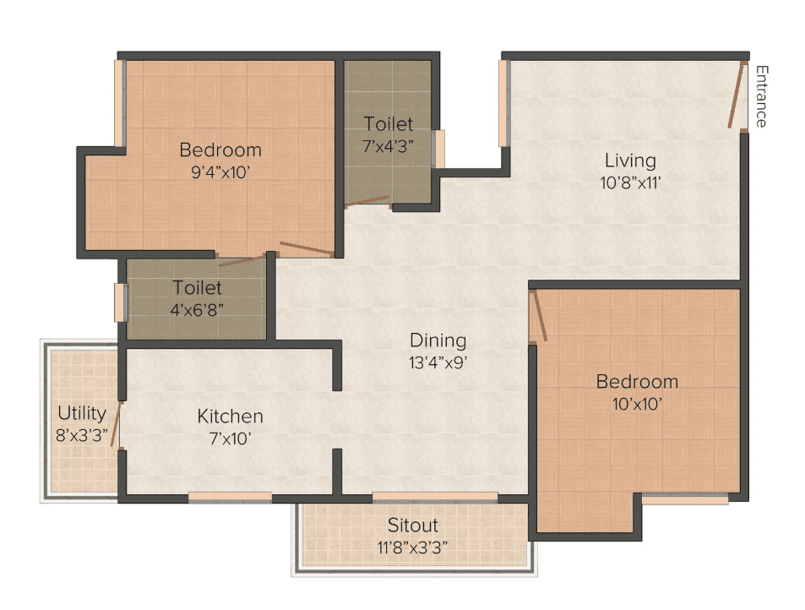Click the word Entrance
coord(761,96)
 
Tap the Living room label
coord(630,161)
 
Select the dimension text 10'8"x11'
coord(630,182)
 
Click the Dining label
coord(438,340)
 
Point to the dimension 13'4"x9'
coord(438,363)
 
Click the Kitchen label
coord(230,417)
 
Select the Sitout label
coord(412,526)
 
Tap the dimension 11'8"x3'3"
coord(412,547)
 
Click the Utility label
coord(82,413)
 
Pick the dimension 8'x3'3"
coord(82,435)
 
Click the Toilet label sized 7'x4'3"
coord(388,123)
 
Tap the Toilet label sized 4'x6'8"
coord(197,287)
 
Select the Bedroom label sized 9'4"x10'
coord(220,150)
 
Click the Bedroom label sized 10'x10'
coord(637,382)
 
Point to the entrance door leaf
coord(737,95)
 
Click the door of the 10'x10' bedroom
coord(539,315)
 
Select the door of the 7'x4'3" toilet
coord(367,201)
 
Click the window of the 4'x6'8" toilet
coord(121,303)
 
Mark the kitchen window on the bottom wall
coord(230,497)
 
